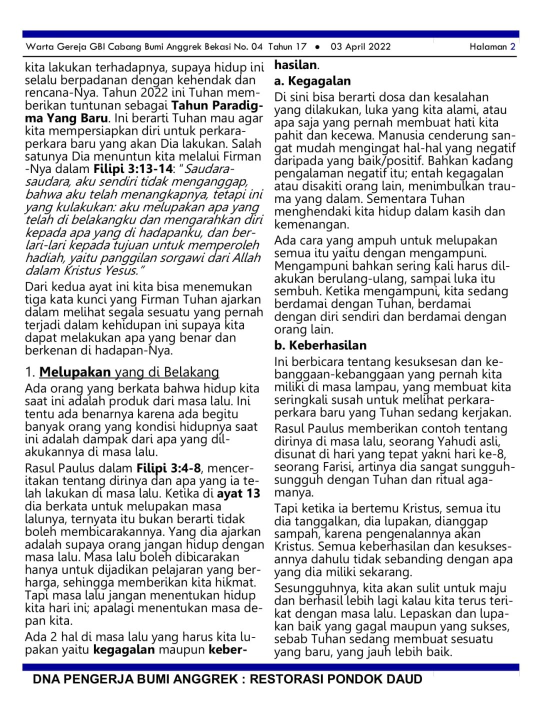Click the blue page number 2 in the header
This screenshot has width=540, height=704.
point(512,47)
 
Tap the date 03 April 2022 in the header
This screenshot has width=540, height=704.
point(360,47)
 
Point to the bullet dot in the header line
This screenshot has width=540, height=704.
point(317,47)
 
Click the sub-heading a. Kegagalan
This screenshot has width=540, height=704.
point(312,81)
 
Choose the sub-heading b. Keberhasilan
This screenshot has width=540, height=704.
point(320,345)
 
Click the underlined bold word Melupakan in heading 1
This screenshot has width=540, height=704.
point(75,372)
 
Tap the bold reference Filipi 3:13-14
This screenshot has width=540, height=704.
point(132,169)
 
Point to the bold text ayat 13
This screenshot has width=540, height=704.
point(238,493)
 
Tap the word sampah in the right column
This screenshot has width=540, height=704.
point(296,534)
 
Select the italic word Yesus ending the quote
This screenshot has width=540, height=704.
point(120,270)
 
